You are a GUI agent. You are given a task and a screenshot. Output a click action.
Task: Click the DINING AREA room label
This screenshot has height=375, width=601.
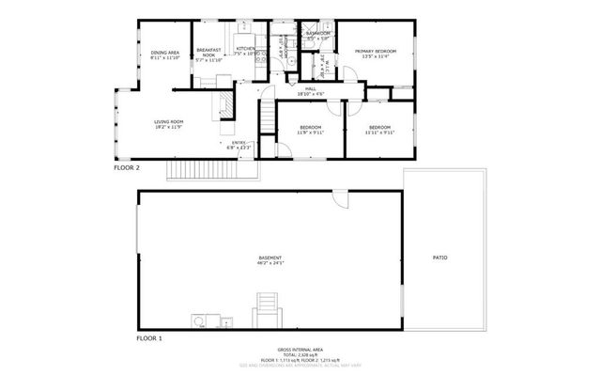click(164, 53)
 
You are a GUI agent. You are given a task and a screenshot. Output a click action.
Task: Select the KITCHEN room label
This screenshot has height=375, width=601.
click(246, 49)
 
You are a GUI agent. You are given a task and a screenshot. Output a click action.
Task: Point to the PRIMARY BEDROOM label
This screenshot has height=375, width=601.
click(375, 50)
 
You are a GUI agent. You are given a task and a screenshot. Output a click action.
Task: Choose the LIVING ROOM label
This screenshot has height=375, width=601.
click(169, 121)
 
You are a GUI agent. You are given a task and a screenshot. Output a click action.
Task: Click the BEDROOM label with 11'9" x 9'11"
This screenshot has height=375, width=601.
click(310, 127)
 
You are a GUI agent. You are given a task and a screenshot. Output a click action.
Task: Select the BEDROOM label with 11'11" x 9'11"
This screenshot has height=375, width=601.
click(379, 127)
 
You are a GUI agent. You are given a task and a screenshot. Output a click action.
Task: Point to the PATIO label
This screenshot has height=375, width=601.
click(439, 257)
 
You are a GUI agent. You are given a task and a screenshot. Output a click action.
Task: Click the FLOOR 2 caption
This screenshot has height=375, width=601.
click(127, 168)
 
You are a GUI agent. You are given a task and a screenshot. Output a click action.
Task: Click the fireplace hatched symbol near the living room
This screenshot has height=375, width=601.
click(225, 102)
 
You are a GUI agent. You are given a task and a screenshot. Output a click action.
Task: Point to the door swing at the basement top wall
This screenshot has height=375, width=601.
click(340, 200)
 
